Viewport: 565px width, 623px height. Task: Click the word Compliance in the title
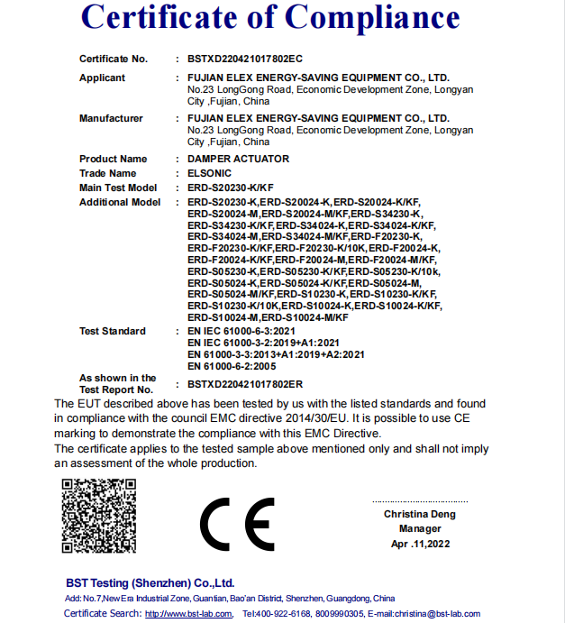point(374,18)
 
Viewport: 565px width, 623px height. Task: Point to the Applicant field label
point(102,78)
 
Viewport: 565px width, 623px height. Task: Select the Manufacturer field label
point(111,118)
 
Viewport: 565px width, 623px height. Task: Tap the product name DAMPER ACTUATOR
point(238,159)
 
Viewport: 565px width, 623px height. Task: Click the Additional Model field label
point(120,202)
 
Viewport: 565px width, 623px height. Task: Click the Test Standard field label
point(112,331)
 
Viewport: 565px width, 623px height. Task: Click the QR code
point(99,516)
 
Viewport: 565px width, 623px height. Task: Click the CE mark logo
point(236,523)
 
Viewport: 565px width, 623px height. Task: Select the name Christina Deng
point(420,514)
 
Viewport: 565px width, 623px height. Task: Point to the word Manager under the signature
point(420,528)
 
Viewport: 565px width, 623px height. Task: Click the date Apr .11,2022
point(420,544)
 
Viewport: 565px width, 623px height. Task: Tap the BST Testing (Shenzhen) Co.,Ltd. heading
point(150,583)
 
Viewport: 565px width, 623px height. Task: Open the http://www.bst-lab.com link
point(189,613)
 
